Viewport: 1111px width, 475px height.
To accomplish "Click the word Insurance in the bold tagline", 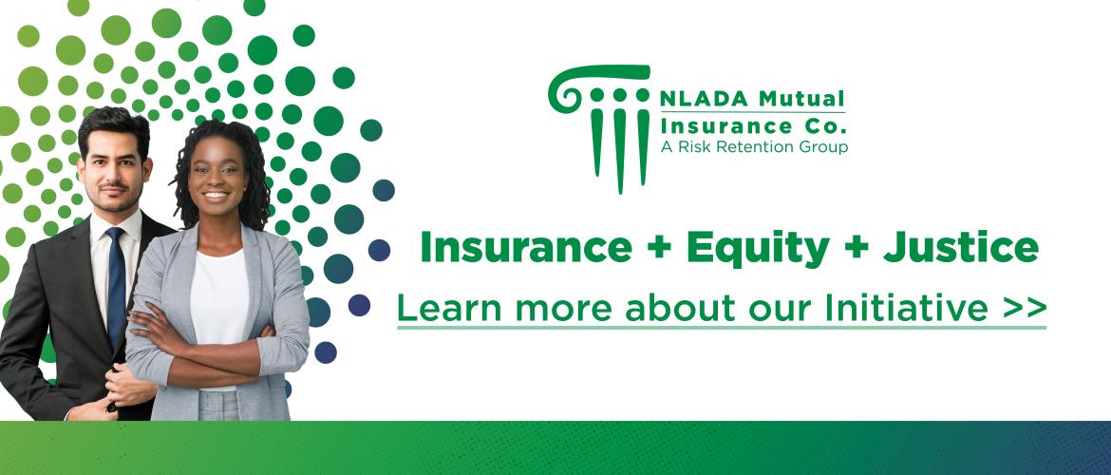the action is click(526, 248).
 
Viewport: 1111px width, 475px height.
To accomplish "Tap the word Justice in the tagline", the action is click(960, 248).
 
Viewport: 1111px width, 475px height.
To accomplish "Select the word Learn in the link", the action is click(449, 307).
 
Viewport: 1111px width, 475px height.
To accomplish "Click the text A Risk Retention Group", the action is click(754, 147).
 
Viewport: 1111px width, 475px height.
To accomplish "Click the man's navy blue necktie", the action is click(116, 286).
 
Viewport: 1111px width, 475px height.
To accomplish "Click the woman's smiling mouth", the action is click(217, 194).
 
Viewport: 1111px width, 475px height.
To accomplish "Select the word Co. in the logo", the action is click(827, 127).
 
